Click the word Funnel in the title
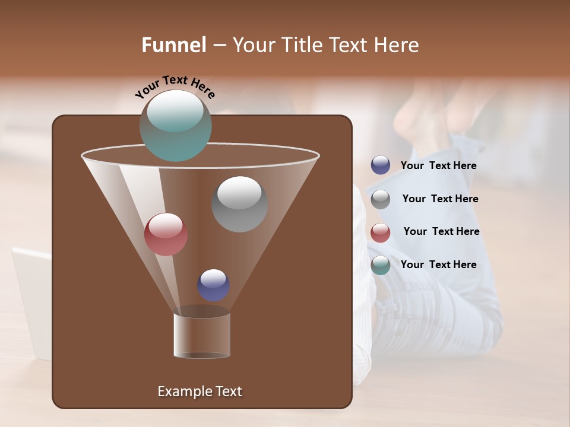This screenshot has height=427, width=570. pos(174,45)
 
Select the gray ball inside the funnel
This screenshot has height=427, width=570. pos(239,204)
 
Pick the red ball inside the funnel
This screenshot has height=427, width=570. pos(166,234)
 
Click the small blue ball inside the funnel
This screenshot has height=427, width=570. pos(213,285)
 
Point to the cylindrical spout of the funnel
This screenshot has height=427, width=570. pos(202,335)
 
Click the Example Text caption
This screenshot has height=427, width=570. pos(199,391)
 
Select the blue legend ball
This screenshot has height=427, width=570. pos(381,165)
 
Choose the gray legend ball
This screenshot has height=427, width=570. pos(381,199)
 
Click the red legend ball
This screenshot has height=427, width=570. pos(381,232)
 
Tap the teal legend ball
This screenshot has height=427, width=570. pos(381,265)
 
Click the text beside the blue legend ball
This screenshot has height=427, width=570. pos(438,165)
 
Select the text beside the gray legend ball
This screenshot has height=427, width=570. pos(440,199)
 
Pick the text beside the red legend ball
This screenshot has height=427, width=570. pos(441,231)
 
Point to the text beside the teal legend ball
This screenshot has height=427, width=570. pos(438,265)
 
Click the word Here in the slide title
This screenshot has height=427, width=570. pos(397,45)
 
